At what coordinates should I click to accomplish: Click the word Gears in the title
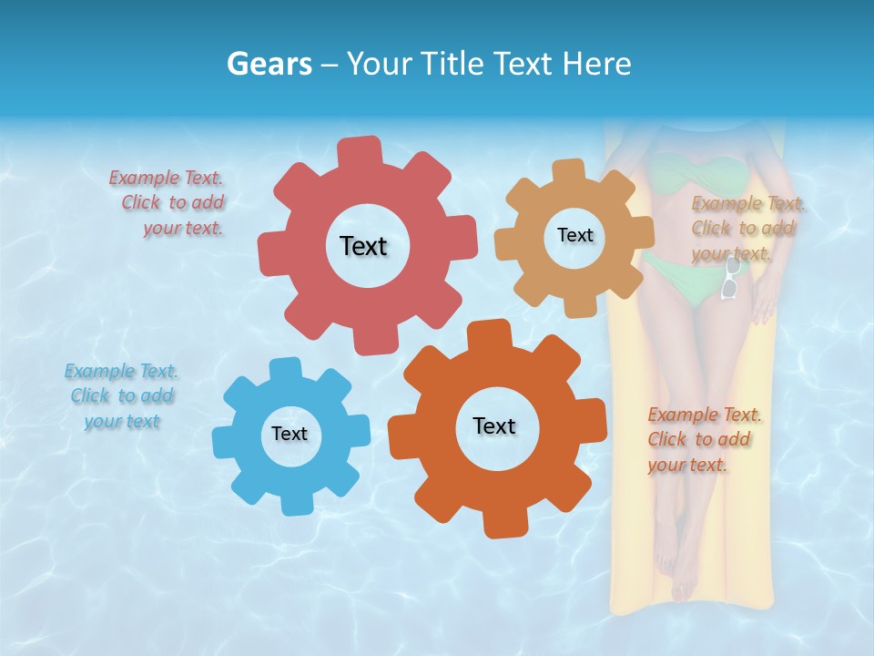[x=269, y=64]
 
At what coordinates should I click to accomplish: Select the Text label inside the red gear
[x=363, y=246]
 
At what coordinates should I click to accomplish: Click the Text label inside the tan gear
[x=574, y=235]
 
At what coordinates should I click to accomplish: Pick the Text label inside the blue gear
[x=290, y=434]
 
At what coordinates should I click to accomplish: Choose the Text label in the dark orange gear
[x=494, y=425]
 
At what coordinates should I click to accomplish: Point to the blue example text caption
[x=121, y=396]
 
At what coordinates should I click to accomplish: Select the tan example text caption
[x=745, y=229]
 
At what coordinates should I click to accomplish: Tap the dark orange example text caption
[x=702, y=440]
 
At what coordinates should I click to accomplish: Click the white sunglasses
[x=730, y=279]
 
